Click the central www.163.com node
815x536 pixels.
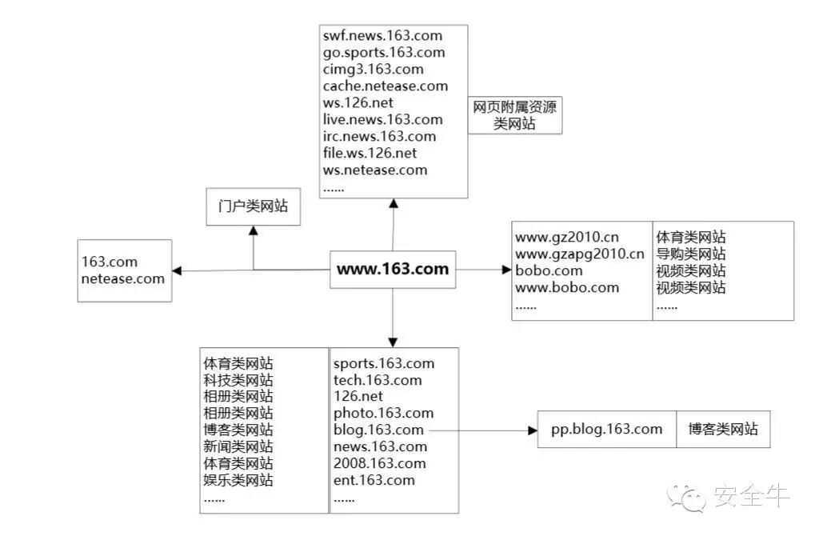pos(393,270)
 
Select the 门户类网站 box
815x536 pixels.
pos(253,206)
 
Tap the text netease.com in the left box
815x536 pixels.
pos(122,279)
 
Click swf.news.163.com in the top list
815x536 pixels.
pos(382,36)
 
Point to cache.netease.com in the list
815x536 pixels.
pos(386,86)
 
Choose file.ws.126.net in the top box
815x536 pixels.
pos(370,153)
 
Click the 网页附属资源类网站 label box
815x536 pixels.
pos(514,115)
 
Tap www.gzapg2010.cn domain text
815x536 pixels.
pos(579,254)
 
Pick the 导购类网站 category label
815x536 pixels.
pos(691,254)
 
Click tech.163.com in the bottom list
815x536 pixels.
pos(378,380)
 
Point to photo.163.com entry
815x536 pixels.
pos(383,414)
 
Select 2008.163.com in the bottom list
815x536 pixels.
pos(380,464)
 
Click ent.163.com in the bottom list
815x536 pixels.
pos(374,481)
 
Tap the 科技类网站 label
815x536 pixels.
pos(238,380)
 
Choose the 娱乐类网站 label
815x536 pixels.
pos(238,481)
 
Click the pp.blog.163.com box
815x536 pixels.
pos(607,430)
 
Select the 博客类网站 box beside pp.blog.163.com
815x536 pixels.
pos(723,430)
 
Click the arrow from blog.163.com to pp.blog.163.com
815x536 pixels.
pos(480,430)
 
